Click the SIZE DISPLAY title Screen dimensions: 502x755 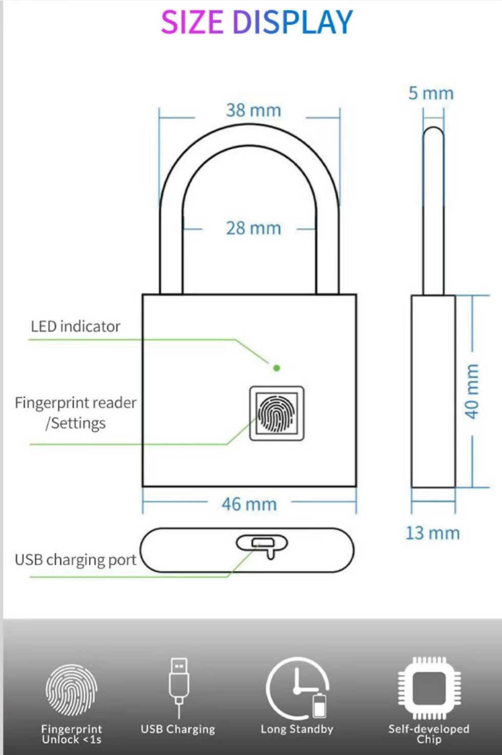pos(257,22)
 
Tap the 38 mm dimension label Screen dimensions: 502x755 pos(254,110)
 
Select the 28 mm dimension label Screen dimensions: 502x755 pos(254,228)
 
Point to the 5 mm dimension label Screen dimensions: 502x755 pos(431,93)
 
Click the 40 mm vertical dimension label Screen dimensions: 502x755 pos(472,391)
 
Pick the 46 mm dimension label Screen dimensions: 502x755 pos(249,504)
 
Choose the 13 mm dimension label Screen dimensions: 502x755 pos(432,533)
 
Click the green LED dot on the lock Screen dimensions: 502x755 pos(277,368)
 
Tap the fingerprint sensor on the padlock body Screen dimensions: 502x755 pos(277,413)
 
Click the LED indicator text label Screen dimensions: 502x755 pos(76,326)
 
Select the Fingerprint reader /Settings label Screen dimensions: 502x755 pos(76,413)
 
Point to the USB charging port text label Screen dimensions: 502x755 pos(76,560)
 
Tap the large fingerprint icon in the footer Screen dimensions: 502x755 pos(72,690)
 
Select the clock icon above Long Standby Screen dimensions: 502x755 pos(297,688)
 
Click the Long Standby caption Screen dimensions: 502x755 pos(297,729)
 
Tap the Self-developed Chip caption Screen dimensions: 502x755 pos(429,734)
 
